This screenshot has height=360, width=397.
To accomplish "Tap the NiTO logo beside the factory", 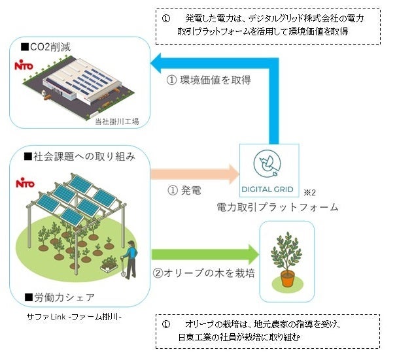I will [26, 66].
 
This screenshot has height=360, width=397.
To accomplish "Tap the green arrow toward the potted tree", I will [203, 253].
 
